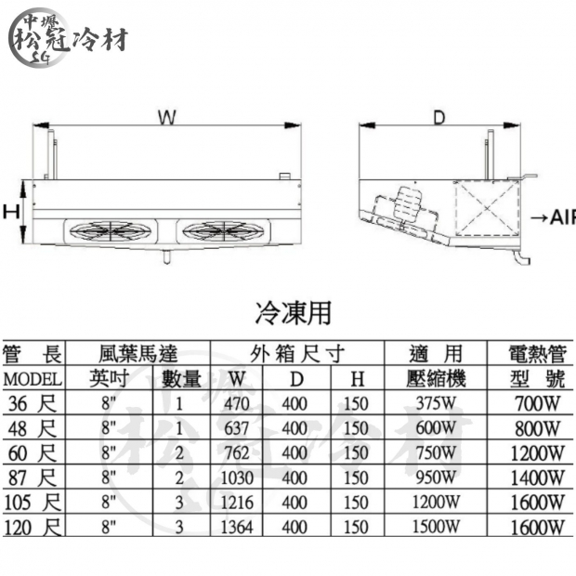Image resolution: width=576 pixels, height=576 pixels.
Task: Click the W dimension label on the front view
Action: point(166,118)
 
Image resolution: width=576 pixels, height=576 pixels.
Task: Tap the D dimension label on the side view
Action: point(439,118)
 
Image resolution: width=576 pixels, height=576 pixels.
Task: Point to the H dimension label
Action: point(11,212)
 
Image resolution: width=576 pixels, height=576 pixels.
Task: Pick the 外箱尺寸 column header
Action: point(297,354)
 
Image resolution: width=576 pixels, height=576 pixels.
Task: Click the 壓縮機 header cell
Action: point(436,379)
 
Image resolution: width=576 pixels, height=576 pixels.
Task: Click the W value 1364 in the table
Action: point(241,528)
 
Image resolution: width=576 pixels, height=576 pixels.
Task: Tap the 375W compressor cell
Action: point(436,404)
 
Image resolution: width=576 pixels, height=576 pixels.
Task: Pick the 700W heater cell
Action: point(536,404)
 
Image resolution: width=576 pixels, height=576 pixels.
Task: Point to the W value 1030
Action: point(241,478)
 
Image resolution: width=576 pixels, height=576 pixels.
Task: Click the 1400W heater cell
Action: point(536,478)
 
